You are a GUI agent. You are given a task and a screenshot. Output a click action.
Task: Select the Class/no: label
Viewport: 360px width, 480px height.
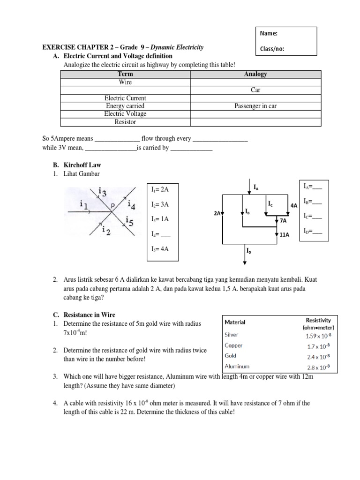[272, 49]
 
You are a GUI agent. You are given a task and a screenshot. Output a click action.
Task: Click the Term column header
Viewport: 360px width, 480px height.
[125, 74]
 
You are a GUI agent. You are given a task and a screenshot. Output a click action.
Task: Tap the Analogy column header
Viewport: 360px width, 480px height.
[255, 74]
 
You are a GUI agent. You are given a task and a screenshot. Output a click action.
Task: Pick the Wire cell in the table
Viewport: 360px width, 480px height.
[125, 82]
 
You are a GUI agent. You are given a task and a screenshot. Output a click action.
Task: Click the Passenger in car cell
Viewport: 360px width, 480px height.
[255, 106]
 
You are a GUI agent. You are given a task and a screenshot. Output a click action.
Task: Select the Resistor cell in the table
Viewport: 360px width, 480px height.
[125, 122]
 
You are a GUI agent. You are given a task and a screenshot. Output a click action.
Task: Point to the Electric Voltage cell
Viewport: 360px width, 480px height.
[125, 114]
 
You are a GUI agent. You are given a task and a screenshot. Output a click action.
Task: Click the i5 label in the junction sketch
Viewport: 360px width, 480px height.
[130, 222]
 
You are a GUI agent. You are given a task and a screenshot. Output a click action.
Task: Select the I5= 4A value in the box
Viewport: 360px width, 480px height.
[160, 249]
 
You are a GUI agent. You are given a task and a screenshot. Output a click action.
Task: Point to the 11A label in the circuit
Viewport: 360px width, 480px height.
[285, 235]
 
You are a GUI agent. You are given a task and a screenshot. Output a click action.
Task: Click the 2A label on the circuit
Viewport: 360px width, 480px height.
[217, 213]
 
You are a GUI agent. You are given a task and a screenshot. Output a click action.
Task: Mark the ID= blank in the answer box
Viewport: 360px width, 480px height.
[313, 231]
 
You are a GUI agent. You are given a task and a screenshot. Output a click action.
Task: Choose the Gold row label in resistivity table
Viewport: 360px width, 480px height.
[231, 356]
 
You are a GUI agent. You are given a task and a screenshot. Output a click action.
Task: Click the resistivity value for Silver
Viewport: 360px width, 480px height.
[317, 336]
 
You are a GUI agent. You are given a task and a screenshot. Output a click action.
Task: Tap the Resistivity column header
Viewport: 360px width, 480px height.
[318, 322]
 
